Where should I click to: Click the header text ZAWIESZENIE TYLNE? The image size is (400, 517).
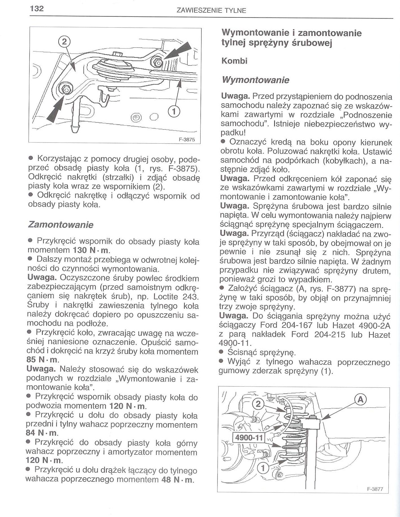(x=211, y=11)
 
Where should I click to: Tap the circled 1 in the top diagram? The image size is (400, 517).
(x=174, y=112)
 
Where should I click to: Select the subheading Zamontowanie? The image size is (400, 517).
(x=61, y=225)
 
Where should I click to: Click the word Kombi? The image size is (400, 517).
(x=234, y=61)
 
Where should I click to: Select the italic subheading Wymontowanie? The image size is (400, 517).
(x=255, y=80)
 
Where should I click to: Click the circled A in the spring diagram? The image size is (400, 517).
(x=360, y=399)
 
